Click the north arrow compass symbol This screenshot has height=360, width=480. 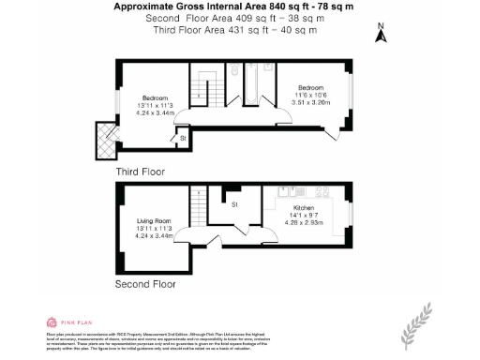point(381,35)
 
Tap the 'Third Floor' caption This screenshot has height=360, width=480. point(142,172)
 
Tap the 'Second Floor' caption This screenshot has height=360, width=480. point(145,282)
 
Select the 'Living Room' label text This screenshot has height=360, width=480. point(151,220)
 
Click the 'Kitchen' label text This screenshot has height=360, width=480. point(305,207)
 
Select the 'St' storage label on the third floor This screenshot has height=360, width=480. point(183,138)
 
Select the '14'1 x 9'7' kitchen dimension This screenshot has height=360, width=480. point(306,215)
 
